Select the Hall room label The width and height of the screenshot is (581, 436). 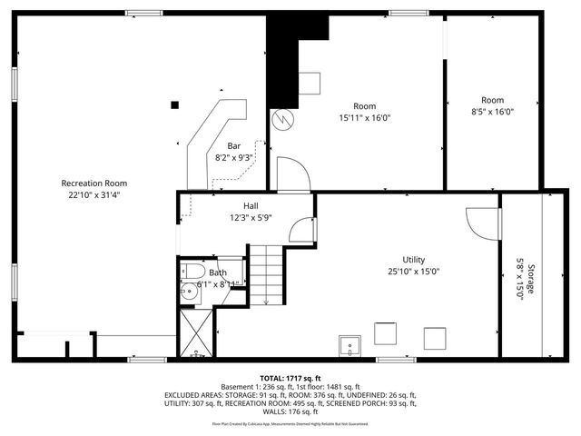click(x=251, y=205)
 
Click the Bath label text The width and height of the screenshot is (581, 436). click(x=218, y=272)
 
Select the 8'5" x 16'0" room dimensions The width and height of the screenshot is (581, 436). click(x=492, y=112)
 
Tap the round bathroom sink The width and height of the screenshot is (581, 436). click(x=188, y=292)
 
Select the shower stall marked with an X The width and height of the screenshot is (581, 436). click(x=196, y=333)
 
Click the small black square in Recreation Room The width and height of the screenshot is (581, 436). click(x=174, y=104)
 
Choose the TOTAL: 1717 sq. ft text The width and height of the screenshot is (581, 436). click(x=290, y=378)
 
